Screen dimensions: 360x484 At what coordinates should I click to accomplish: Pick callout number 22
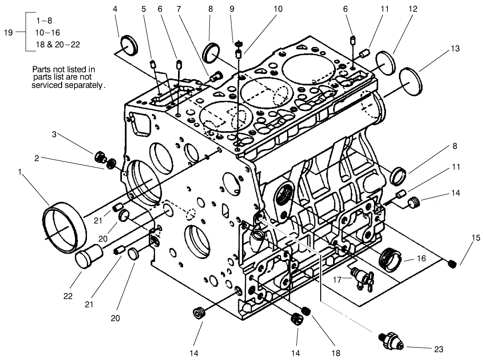point(68,296)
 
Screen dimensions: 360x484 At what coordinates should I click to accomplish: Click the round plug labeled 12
point(386,62)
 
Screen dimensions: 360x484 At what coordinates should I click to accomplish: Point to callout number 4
point(115,9)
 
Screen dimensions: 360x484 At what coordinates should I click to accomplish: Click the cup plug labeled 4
point(129,46)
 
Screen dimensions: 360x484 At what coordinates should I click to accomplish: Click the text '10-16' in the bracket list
point(48,32)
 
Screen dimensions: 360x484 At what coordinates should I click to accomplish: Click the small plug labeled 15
point(452,263)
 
